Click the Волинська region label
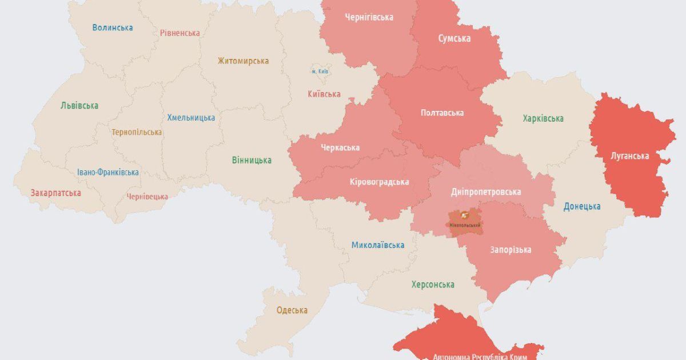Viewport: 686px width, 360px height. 113,27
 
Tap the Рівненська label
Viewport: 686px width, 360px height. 180,33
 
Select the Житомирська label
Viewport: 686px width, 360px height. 243,61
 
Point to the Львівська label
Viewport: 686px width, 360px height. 79,105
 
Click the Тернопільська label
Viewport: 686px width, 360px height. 137,132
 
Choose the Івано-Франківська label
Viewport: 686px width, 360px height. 108,172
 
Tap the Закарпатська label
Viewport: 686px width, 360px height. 55,193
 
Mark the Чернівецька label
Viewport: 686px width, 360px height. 147,197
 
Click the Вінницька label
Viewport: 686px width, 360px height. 252,160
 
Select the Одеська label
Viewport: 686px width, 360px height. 292,310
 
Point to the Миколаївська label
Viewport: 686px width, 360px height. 377,245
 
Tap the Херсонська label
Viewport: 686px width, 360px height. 433,284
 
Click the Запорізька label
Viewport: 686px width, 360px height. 510,250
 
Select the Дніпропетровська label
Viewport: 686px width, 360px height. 485,191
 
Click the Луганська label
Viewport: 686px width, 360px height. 629,155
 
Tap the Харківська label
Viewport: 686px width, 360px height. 543,118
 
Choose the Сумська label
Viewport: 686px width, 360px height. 454,38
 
